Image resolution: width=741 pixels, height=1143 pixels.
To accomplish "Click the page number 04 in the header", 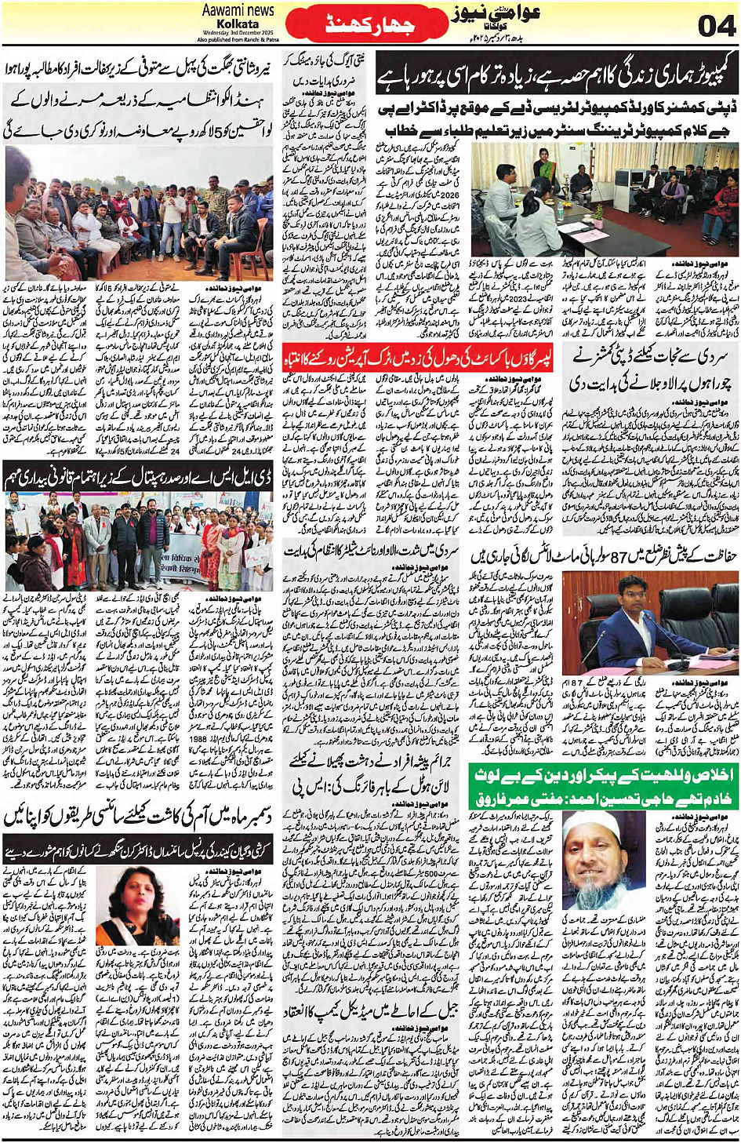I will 715,25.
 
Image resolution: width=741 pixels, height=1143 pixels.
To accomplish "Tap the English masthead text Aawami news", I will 238,11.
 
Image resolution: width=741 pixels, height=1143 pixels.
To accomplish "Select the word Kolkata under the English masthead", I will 238,24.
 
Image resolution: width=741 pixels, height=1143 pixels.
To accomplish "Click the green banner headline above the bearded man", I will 604,785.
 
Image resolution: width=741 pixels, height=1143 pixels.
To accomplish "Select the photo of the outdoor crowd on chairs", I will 139,212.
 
